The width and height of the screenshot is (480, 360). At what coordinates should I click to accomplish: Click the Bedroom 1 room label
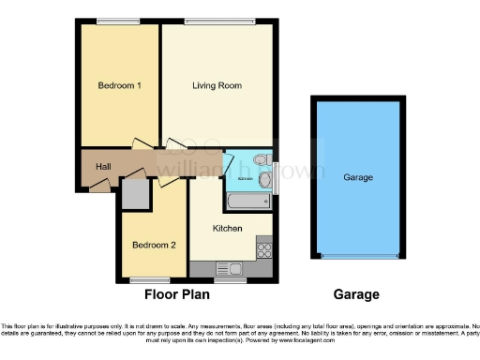(x=120, y=86)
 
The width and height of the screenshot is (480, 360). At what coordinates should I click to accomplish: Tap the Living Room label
(x=217, y=86)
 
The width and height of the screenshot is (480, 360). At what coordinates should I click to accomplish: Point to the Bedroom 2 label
(x=154, y=246)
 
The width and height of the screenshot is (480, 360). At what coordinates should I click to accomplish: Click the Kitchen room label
(x=228, y=229)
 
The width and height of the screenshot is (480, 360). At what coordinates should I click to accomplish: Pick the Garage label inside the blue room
(x=358, y=177)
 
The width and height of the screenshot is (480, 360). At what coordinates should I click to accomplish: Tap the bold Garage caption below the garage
(x=357, y=294)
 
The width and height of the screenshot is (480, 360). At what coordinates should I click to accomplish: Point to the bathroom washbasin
(x=264, y=178)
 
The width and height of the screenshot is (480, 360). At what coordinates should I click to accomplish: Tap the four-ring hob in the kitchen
(x=263, y=250)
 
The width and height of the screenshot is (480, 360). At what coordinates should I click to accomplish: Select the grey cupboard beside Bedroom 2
(x=135, y=194)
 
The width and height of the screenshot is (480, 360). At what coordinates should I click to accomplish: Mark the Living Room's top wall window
(x=217, y=22)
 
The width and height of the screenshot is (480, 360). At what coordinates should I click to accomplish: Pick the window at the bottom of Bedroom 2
(x=148, y=280)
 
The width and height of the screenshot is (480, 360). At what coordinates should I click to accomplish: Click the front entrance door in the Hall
(x=98, y=187)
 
